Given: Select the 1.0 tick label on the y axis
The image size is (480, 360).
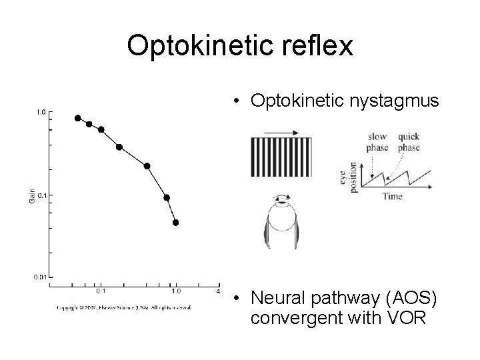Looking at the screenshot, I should (41, 113).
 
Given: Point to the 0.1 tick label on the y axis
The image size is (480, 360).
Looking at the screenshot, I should (41, 195).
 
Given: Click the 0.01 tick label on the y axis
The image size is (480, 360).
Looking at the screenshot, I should (39, 276).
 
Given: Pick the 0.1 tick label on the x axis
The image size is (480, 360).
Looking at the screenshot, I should (100, 291).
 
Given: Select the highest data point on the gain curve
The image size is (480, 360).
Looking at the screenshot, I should (77, 118).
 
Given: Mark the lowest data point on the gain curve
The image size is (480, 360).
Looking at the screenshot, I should (176, 223).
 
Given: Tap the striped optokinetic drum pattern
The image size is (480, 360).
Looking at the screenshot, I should (281, 158).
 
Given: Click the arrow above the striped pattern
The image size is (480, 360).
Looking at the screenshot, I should (281, 134).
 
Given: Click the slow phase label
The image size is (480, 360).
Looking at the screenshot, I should (377, 142).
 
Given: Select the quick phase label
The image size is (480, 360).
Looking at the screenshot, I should (409, 142).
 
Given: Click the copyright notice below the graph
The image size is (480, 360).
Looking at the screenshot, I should (124, 307).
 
